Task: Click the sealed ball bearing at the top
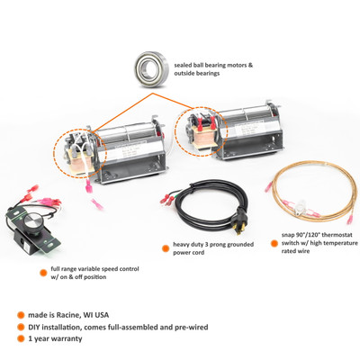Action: coord(151,69)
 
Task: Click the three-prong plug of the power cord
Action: coord(239,223)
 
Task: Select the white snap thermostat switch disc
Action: coord(301,208)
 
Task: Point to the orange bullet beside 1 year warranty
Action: coord(21,338)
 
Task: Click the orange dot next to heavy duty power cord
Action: coord(166,248)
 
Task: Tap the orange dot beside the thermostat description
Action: coord(274,243)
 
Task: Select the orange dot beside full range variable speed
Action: coord(43,273)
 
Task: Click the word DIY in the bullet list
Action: coord(34,327)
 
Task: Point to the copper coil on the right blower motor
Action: coord(203,136)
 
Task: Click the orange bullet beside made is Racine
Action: coord(21,315)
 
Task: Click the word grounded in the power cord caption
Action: coord(240,245)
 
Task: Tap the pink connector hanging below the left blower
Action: coord(89,187)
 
